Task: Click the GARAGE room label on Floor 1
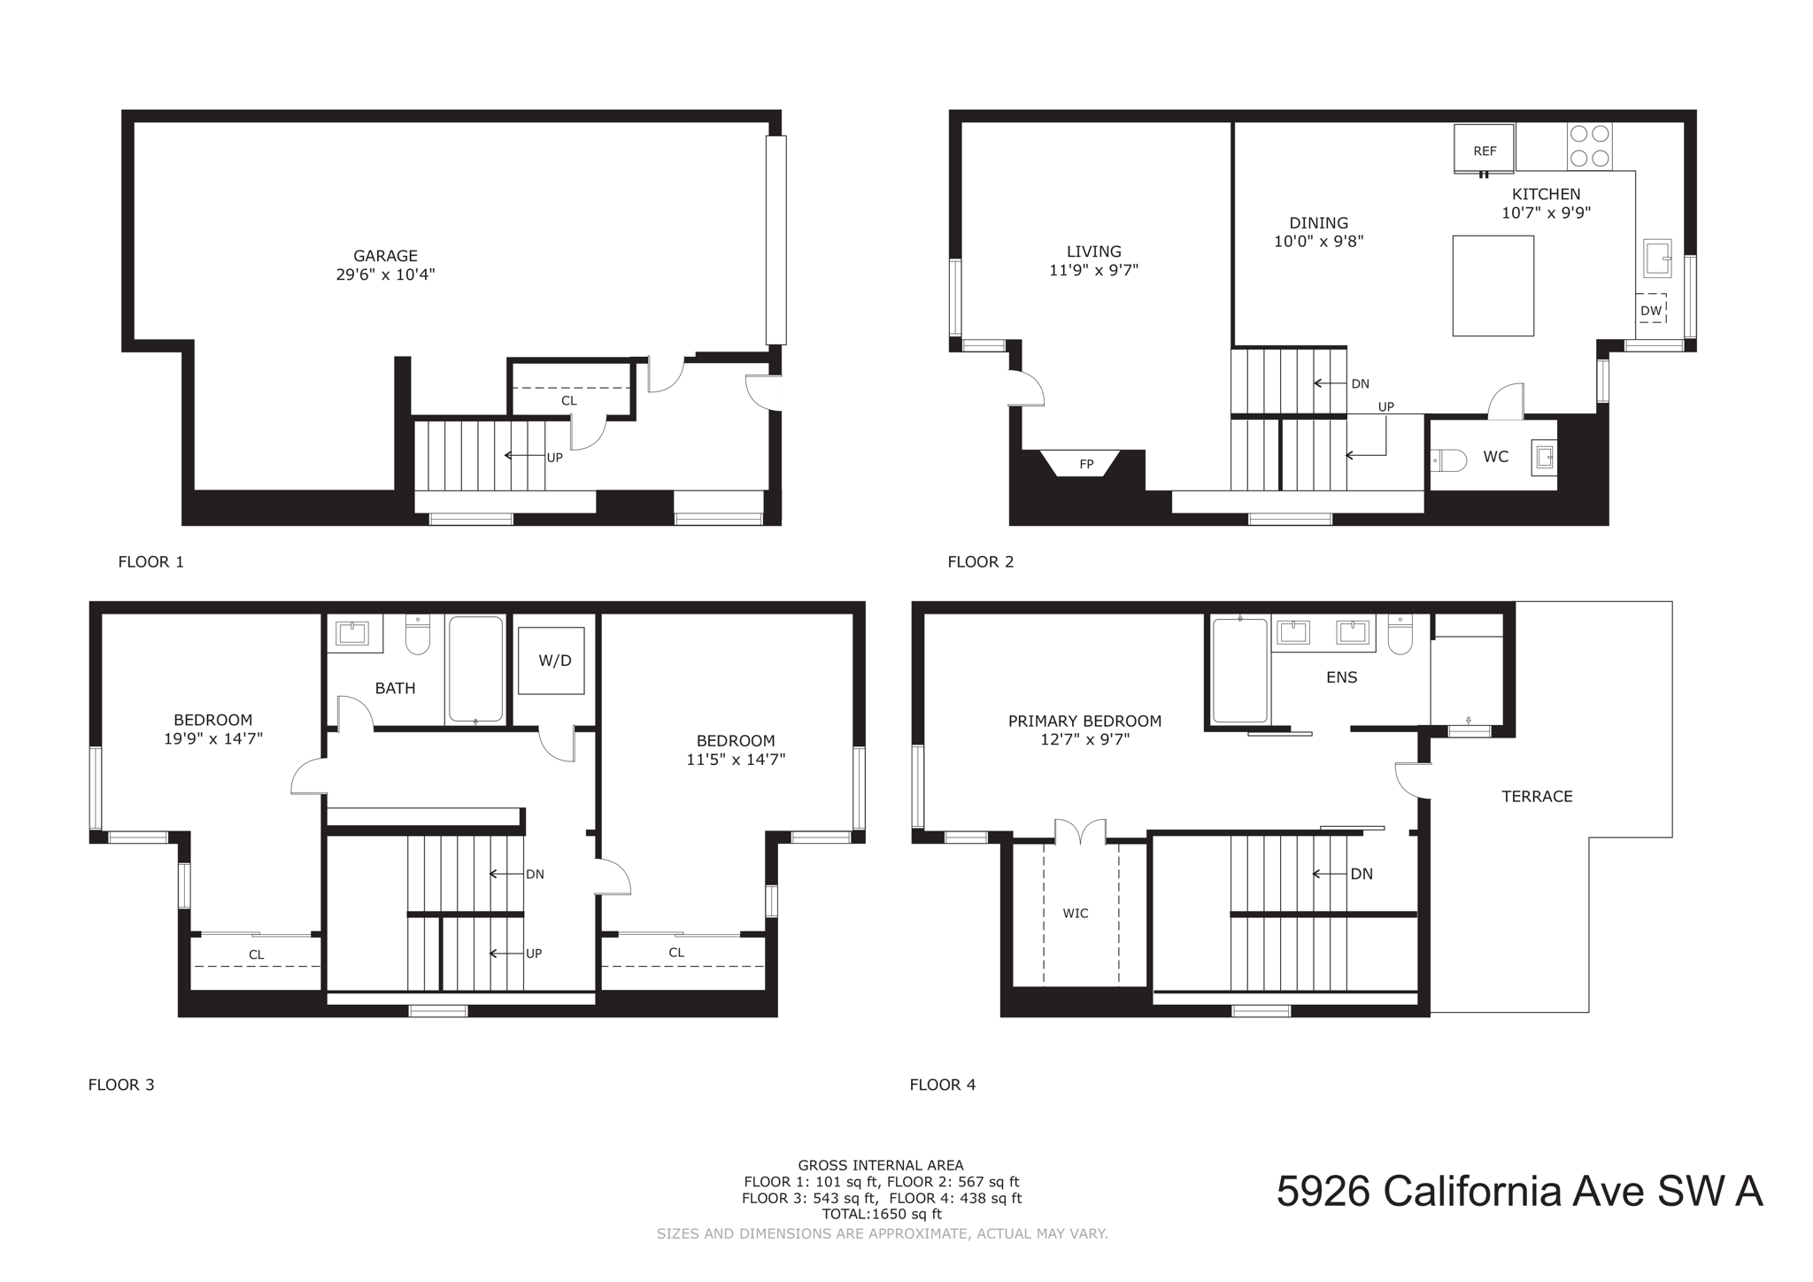point(385,257)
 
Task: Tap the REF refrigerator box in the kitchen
point(1485,150)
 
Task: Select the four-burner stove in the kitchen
point(1589,146)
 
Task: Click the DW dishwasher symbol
point(1651,309)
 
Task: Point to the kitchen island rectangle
point(1493,285)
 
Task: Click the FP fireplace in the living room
point(1085,464)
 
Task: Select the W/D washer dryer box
point(552,660)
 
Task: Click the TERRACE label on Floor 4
point(1537,797)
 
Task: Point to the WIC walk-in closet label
point(1076,914)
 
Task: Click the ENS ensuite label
point(1341,677)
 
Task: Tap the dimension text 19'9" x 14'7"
point(213,738)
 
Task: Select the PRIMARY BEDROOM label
point(1084,722)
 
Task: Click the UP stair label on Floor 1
point(554,458)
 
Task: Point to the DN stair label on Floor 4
point(1362,874)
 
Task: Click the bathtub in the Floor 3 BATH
point(475,669)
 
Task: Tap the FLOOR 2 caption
point(980,561)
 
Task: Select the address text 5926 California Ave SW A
point(1519,1191)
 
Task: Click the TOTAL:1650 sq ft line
point(881,1215)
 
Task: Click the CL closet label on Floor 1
point(568,401)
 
